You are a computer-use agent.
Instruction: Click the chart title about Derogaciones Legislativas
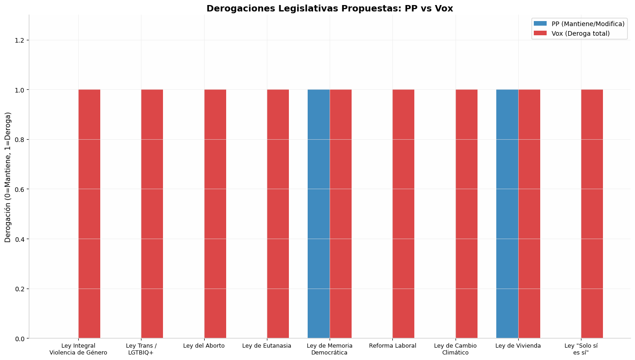pyautogui.click(x=330, y=9)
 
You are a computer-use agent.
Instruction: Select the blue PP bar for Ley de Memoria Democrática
pyautogui.click(x=319, y=214)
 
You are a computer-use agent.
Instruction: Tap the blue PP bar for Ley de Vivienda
pyautogui.click(x=507, y=214)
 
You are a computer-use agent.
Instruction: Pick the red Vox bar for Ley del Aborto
pyautogui.click(x=215, y=214)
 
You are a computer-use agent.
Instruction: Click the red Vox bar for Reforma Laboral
pyautogui.click(x=403, y=214)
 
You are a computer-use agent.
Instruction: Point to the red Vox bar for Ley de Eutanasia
pyautogui.click(x=278, y=214)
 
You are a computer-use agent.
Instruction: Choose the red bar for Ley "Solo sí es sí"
pyautogui.click(x=592, y=214)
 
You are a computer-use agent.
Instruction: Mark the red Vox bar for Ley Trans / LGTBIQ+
pyautogui.click(x=152, y=214)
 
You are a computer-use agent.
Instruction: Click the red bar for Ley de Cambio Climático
pyautogui.click(x=467, y=214)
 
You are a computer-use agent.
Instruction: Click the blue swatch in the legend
pyautogui.click(x=540, y=23)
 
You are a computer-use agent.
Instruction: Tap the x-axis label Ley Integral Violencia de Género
pyautogui.click(x=78, y=349)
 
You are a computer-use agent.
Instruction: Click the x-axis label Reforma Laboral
pyautogui.click(x=393, y=346)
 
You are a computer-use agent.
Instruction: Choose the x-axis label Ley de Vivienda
pyautogui.click(x=518, y=346)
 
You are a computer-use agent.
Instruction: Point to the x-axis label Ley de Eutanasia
pyautogui.click(x=267, y=346)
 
